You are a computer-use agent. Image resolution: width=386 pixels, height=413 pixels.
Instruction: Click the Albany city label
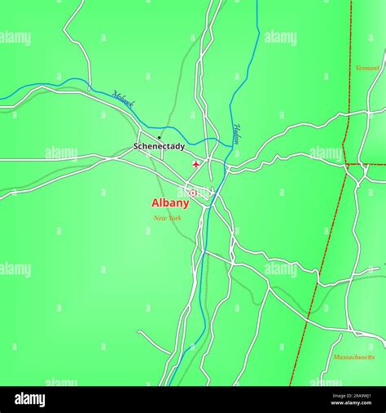tap(170, 203)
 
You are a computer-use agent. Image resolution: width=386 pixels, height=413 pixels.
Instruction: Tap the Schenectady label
tap(159, 147)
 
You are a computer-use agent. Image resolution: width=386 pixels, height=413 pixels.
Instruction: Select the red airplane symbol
tap(195, 165)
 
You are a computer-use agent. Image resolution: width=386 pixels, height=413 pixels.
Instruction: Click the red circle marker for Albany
tap(193, 193)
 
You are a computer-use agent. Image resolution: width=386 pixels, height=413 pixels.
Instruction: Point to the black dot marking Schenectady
tap(159, 137)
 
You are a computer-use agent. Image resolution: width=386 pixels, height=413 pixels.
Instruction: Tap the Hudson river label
tap(236, 133)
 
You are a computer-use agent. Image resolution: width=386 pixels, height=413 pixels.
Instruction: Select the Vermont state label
tap(367, 68)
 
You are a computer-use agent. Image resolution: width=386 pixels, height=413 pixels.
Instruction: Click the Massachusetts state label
tap(354, 357)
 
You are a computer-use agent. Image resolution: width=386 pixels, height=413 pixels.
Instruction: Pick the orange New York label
tap(168, 218)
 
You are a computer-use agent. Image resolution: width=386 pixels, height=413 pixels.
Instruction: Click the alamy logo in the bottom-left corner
tap(29, 399)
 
